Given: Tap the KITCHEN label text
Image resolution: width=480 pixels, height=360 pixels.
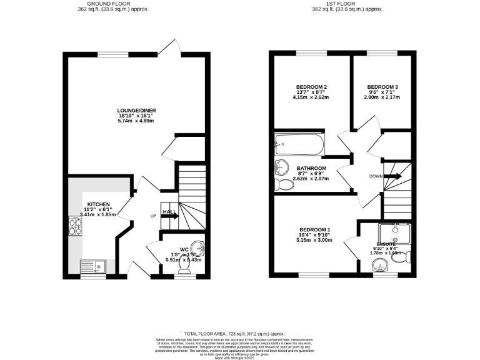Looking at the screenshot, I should (x=98, y=204).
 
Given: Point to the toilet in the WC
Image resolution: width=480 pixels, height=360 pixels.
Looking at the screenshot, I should (x=184, y=266).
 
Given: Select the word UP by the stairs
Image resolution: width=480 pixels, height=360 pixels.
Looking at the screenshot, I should (x=152, y=216).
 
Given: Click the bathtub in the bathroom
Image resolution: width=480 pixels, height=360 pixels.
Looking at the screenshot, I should (x=299, y=145).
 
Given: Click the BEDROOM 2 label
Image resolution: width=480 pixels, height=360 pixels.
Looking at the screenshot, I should (x=312, y=86).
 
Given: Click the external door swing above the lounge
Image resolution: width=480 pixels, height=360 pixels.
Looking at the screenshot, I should (x=169, y=47).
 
